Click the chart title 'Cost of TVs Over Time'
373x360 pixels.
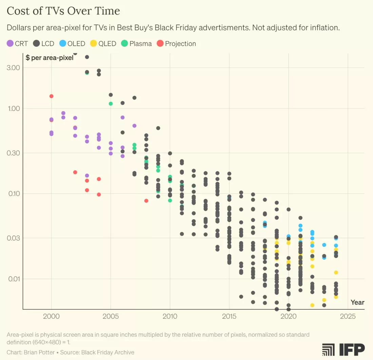63,11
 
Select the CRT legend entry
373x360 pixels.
17,43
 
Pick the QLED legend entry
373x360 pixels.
103,43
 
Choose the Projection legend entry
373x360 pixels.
176,43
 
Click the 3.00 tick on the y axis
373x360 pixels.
13,67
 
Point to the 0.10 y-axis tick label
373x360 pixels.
13,194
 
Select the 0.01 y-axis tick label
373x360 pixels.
13,279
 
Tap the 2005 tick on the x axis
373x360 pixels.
111,317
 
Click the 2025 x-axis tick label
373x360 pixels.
348,317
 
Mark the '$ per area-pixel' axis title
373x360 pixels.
50,58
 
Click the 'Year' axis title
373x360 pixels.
357,302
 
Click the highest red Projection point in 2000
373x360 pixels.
52,96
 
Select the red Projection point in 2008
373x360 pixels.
146,201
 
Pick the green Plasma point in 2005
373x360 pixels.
111,103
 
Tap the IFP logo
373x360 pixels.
343,349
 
